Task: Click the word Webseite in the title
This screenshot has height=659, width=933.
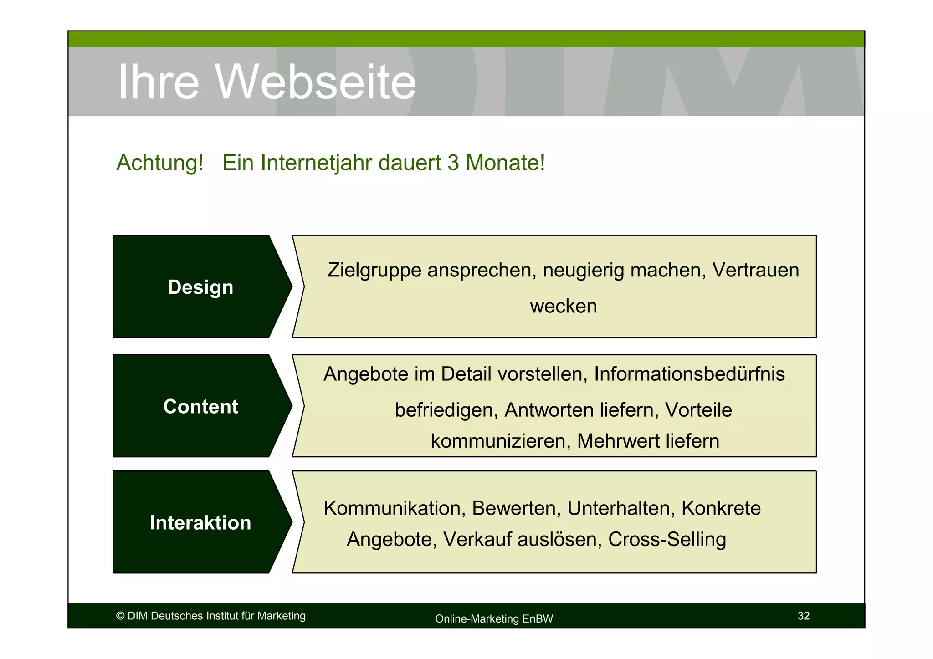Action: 315,82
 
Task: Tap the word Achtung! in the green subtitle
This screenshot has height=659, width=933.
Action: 159,163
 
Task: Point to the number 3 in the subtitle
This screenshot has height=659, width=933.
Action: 453,163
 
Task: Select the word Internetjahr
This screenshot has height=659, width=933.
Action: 316,163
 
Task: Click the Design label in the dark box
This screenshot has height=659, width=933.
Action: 200,287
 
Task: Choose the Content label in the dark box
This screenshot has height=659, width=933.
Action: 200,407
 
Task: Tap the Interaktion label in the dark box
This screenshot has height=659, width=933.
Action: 200,523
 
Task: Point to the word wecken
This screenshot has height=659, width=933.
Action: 563,306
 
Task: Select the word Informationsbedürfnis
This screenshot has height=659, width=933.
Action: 689,374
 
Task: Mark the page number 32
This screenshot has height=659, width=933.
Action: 804,616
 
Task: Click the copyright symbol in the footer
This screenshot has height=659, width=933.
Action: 120,616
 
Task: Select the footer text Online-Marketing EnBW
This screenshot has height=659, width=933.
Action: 494,619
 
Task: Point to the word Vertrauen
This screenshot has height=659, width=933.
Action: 756,271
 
